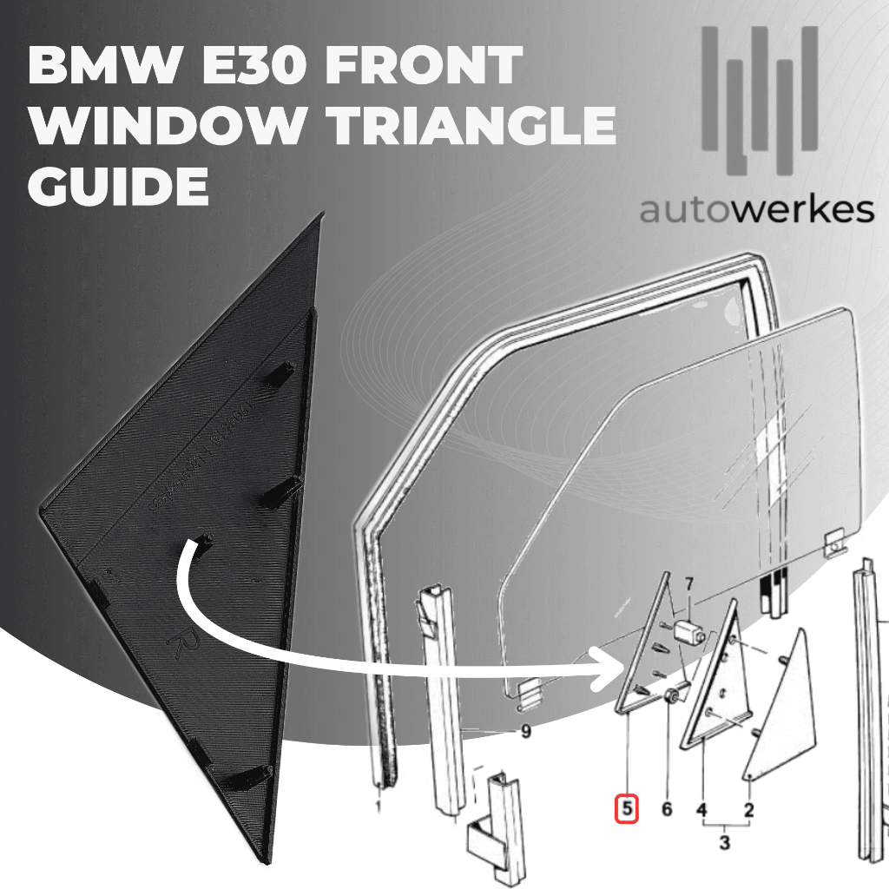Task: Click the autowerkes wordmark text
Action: [x=756, y=210]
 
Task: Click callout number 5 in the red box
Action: [x=627, y=809]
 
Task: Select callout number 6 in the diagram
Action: [x=667, y=809]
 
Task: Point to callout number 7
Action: [x=690, y=583]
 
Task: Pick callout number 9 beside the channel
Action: [x=524, y=732]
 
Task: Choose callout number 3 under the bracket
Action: [x=725, y=841]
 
